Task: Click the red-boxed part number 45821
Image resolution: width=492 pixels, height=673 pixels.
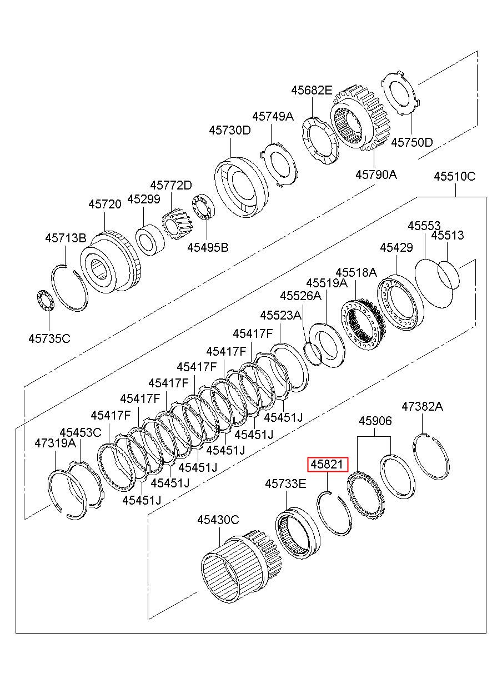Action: pyautogui.click(x=327, y=465)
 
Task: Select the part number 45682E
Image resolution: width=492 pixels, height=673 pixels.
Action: pyautogui.click(x=312, y=90)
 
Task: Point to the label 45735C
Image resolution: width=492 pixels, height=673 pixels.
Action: pyautogui.click(x=49, y=338)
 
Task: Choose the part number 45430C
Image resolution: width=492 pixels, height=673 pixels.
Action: pyautogui.click(x=218, y=520)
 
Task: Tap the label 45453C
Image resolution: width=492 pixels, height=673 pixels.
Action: pyautogui.click(x=81, y=432)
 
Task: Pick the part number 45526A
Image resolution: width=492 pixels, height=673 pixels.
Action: pyautogui.click(x=301, y=296)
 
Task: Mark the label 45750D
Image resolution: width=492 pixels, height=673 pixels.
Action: pyautogui.click(x=412, y=142)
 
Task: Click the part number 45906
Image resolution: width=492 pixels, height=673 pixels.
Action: pyautogui.click(x=375, y=421)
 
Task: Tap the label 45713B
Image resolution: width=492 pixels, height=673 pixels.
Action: pyautogui.click(x=66, y=238)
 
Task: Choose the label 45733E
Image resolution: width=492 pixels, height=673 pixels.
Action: pyautogui.click(x=286, y=483)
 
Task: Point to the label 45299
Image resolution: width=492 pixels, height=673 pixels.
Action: pyautogui.click(x=144, y=199)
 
